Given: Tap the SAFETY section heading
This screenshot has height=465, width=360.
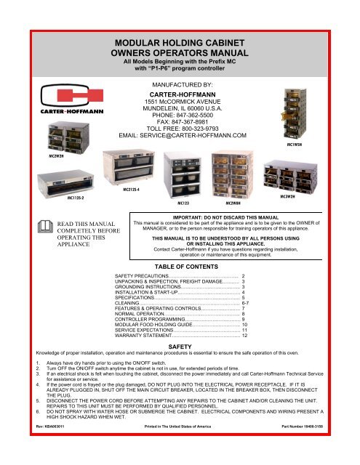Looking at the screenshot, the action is [x=179, y=348].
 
